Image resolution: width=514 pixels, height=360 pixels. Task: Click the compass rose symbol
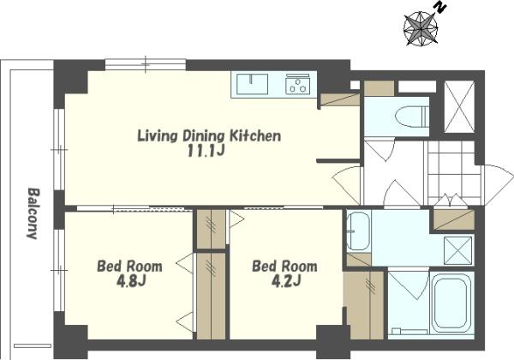click(x=421, y=28)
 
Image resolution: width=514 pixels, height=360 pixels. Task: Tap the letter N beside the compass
click(x=440, y=8)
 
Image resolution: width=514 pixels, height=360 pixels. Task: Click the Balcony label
click(x=33, y=213)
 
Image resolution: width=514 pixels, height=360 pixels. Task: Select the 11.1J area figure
click(x=206, y=151)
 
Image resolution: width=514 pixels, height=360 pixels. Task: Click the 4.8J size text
click(x=131, y=281)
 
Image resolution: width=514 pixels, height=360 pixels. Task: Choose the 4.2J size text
click(x=286, y=281)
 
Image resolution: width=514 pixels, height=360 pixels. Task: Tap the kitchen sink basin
click(x=252, y=84)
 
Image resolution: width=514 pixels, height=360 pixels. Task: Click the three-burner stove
click(x=297, y=84)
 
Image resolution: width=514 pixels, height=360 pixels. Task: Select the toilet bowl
click(x=412, y=117)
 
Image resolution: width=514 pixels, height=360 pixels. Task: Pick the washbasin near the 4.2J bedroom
click(x=359, y=231)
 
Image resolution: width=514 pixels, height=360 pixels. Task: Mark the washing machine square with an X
click(x=457, y=250)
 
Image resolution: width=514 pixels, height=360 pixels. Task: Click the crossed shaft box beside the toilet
click(x=459, y=106)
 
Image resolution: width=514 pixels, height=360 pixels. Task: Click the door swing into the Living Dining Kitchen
click(x=347, y=185)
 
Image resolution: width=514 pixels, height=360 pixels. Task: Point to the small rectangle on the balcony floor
click(x=33, y=345)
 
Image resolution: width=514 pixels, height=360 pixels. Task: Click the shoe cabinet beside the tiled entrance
click(x=454, y=219)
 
